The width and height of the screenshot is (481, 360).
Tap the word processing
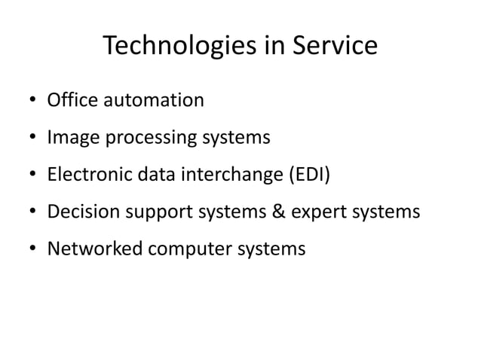(135, 139)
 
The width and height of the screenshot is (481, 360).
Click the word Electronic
(88, 175)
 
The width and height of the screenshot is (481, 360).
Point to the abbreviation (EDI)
(308, 175)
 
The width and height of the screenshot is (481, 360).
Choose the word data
(155, 175)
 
